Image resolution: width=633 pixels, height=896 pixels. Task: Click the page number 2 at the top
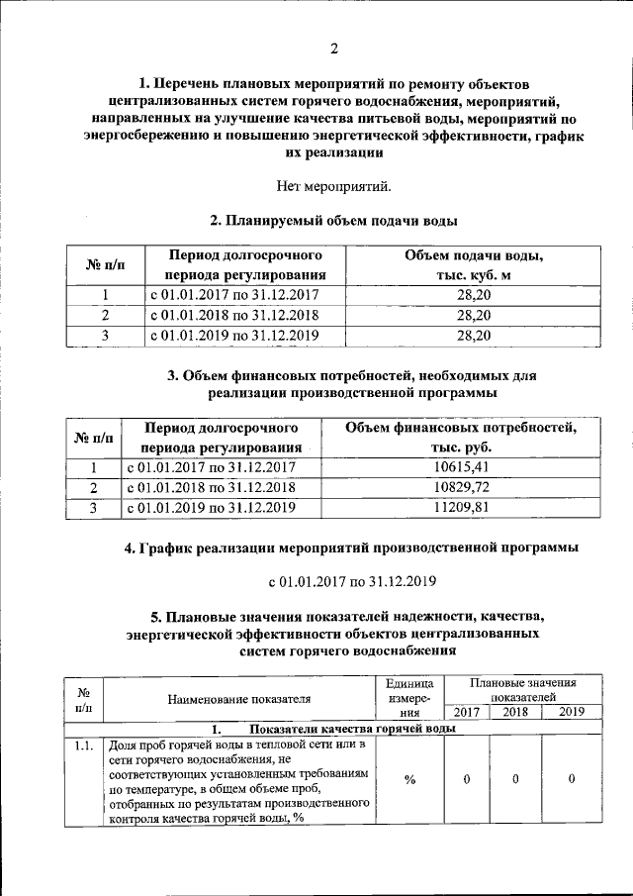pos(333,49)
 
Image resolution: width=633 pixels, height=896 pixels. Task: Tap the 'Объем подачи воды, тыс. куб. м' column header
pos(474,265)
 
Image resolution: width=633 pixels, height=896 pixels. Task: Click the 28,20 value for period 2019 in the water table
pos(474,336)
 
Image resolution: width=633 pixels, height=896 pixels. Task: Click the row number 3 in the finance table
pos(93,509)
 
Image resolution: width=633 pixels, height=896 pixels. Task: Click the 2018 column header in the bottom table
pos(515,712)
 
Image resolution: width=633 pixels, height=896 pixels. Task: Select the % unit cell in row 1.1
pos(409,780)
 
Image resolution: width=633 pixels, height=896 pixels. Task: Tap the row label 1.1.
pos(83,746)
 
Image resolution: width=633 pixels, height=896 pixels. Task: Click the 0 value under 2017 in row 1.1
pos(466,780)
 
